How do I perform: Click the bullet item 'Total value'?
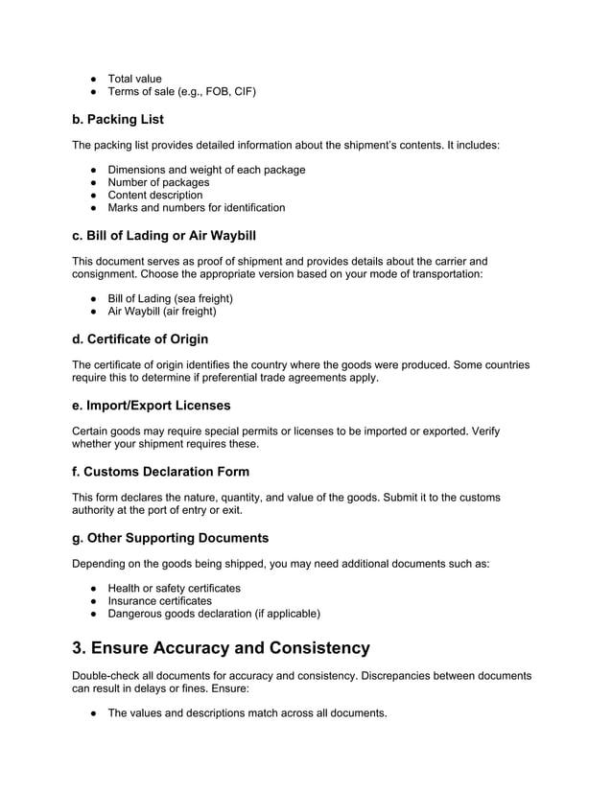click(134, 79)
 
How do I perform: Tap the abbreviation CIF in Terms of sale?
click(244, 92)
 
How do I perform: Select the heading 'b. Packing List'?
click(118, 120)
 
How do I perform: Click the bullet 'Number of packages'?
click(158, 182)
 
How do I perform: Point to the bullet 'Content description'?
click(155, 195)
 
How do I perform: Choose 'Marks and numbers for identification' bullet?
click(196, 207)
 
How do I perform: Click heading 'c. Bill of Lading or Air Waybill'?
click(164, 235)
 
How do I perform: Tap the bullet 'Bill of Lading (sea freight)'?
click(170, 298)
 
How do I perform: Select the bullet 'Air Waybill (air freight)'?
click(162, 311)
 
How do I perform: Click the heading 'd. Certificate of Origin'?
click(140, 338)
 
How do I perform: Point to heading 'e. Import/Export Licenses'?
click(152, 405)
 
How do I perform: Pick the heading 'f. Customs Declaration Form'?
click(160, 471)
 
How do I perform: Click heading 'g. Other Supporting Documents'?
click(170, 537)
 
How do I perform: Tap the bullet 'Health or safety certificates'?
click(174, 588)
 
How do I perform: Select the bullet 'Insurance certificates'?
click(159, 600)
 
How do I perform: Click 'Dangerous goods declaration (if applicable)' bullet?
click(213, 613)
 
